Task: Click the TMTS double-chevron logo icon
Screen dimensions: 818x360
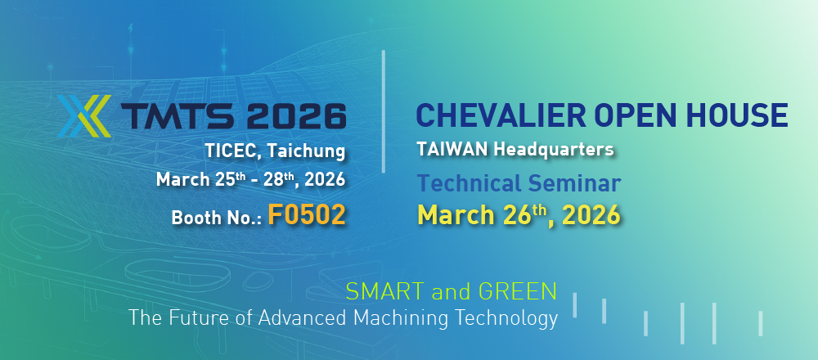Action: click(x=84, y=115)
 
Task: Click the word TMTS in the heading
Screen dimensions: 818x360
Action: click(x=178, y=116)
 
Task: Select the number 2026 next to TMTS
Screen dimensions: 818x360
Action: click(x=296, y=116)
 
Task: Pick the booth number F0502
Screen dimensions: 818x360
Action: click(x=307, y=214)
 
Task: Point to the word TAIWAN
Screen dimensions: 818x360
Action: click(x=452, y=150)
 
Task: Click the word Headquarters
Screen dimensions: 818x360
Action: click(x=554, y=151)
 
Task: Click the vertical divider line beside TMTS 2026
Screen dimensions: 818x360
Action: click(x=384, y=111)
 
